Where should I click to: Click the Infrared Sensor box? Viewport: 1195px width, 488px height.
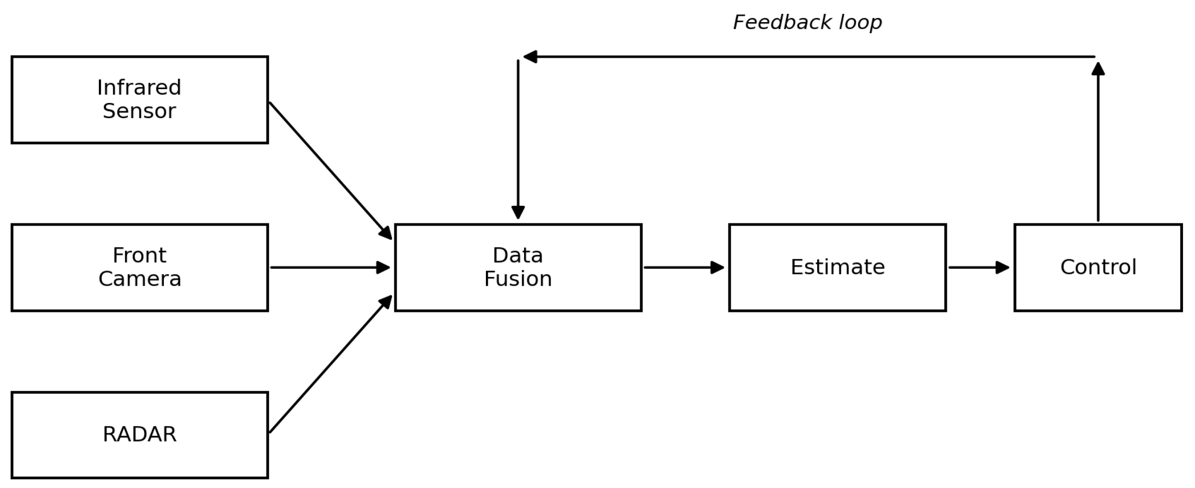pyautogui.click(x=139, y=100)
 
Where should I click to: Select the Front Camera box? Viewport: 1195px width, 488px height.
pyautogui.click(x=139, y=267)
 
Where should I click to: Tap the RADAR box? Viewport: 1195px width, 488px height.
pyautogui.click(x=139, y=435)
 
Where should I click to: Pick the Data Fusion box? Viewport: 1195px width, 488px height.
pyautogui.click(x=518, y=267)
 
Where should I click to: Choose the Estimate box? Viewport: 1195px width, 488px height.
pyautogui.click(x=837, y=267)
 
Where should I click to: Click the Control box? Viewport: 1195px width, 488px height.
pyautogui.click(x=1098, y=267)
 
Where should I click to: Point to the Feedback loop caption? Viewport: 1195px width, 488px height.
pyautogui.click(x=807, y=22)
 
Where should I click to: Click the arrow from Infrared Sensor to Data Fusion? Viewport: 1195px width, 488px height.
pyautogui.click(x=330, y=170)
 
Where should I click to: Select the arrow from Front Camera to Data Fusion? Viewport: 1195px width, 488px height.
pyautogui.click(x=330, y=267)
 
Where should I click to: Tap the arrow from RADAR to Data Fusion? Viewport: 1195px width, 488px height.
pyautogui.click(x=330, y=364)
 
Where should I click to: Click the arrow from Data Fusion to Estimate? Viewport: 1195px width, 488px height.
pyautogui.click(x=684, y=267)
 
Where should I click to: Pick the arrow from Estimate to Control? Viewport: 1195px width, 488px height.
pyautogui.click(x=979, y=267)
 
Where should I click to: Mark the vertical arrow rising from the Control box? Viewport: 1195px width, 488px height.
pyautogui.click(x=1098, y=142)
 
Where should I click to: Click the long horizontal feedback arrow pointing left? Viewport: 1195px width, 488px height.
pyautogui.click(x=809, y=57)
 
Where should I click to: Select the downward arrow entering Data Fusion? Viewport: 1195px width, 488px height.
pyautogui.click(x=518, y=139)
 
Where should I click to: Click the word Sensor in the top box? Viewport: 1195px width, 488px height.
pyautogui.click(x=139, y=111)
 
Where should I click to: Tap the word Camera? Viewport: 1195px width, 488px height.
pyautogui.click(x=139, y=279)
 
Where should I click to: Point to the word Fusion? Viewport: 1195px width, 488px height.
pyautogui.click(x=518, y=279)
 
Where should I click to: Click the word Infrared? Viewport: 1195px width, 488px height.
pyautogui.click(x=139, y=88)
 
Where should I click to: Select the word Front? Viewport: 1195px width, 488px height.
pyautogui.click(x=139, y=255)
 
